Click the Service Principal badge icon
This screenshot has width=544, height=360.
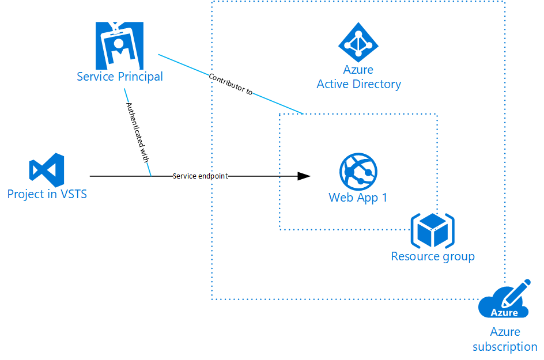pos(119,46)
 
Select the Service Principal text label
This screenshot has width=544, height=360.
pos(120,77)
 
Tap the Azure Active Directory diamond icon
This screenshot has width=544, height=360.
pos(358,42)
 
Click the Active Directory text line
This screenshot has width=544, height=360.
pos(359,84)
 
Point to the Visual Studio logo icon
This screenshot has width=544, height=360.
pos(47,170)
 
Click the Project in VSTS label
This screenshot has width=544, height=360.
pos(47,194)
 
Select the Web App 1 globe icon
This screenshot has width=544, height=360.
pos(358,172)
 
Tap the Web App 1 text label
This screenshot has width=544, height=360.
pos(358,198)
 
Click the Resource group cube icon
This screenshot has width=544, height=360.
pos(433,231)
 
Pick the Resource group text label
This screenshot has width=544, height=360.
pos(433,257)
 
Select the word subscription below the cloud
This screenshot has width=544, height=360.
pos(505,347)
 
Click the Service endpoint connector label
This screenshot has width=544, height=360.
pos(201,176)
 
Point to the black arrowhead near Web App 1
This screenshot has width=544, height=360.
pos(304,176)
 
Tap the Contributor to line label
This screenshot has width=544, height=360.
pos(231,84)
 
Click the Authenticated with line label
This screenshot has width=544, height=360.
pos(138,132)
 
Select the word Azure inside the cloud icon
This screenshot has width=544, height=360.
pos(504,313)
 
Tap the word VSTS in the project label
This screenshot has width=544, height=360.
pos(74,194)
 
